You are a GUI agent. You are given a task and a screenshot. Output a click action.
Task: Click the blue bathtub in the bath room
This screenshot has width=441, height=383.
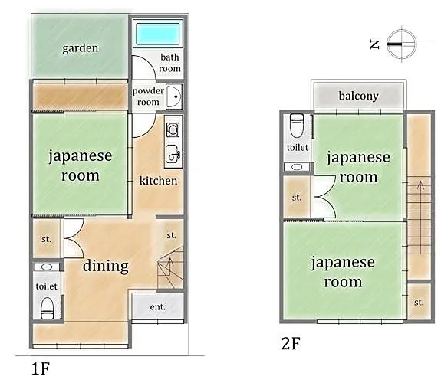click(157, 34)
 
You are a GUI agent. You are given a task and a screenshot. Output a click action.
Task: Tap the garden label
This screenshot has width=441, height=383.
click(81, 48)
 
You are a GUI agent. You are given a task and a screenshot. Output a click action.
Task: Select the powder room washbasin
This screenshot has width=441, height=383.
click(174, 97)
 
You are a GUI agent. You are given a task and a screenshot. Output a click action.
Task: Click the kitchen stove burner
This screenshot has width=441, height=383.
click(173, 129)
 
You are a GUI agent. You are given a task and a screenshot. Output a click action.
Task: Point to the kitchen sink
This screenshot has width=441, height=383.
click(173, 154)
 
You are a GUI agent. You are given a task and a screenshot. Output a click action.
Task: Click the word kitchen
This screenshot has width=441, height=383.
click(158, 181)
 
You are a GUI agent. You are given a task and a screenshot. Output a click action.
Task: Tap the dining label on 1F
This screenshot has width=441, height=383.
click(106, 266)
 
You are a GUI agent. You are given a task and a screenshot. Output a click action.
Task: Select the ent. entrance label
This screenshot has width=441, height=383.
click(157, 307)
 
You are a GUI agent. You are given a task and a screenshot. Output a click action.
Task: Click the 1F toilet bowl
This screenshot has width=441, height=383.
click(47, 308)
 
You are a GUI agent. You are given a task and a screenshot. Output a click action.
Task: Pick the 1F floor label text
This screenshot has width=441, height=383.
click(41, 369)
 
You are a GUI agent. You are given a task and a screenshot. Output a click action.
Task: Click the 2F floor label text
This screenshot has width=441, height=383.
click(291, 343)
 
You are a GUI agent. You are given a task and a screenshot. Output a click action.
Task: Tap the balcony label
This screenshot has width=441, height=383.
click(359, 96)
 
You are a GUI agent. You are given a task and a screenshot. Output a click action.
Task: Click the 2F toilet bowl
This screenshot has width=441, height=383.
click(296, 125)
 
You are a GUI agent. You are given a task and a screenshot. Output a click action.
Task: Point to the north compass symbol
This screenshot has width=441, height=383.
click(402, 44)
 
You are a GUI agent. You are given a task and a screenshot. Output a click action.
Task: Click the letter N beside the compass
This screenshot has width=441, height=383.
click(374, 44)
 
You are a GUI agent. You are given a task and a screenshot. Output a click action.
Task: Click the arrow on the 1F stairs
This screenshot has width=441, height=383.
click(169, 267)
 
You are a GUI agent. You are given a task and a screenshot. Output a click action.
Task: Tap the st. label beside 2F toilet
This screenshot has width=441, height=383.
click(297, 198)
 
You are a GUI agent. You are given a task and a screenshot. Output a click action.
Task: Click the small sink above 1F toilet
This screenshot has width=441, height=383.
click(47, 267)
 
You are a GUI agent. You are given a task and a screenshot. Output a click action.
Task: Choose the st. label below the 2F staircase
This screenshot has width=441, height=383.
click(419, 303)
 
